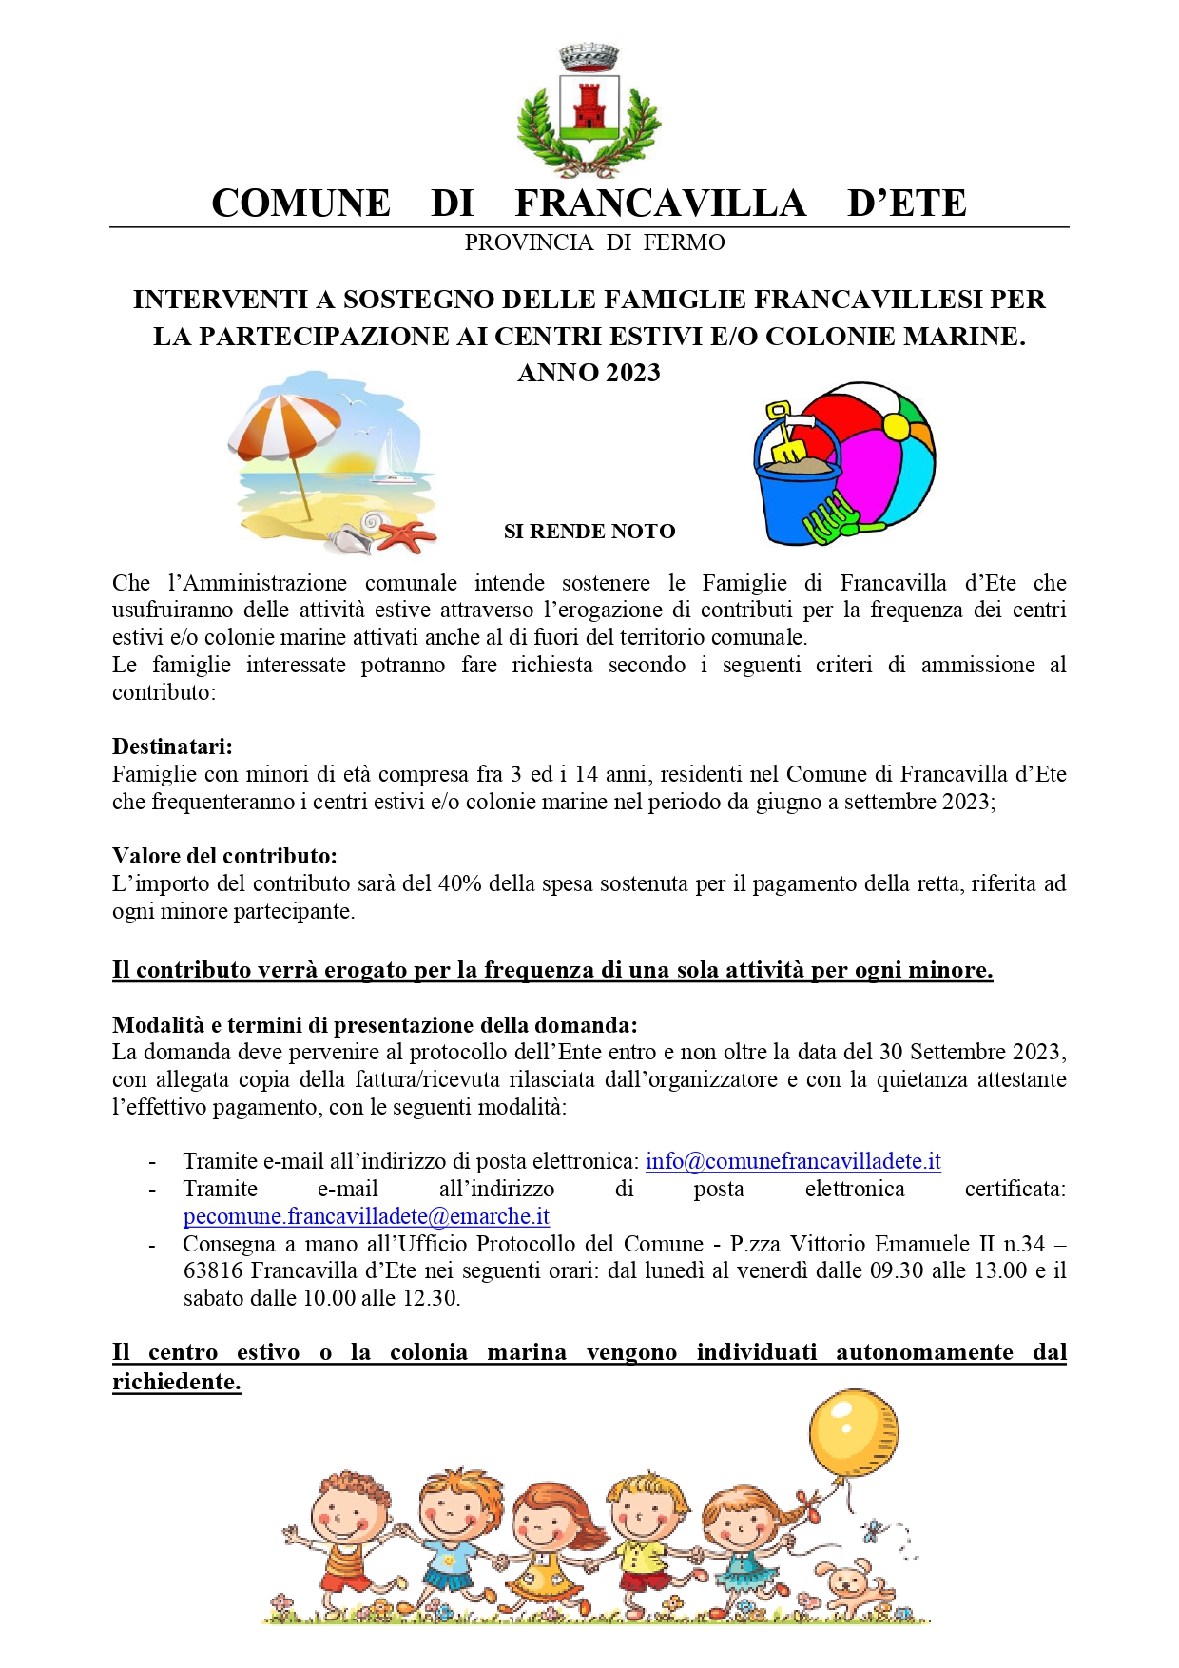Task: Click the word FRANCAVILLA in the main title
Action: [x=660, y=204]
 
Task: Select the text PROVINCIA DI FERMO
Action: [x=594, y=243]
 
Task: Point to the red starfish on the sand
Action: [x=407, y=536]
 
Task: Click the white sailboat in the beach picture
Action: [x=390, y=455]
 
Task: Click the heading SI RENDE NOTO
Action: [x=589, y=532]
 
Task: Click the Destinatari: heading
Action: [x=172, y=747]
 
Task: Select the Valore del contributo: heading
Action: [x=224, y=856]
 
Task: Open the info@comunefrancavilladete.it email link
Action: [x=793, y=1161]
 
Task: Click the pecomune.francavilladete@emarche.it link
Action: [x=366, y=1216]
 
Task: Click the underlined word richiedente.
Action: [x=176, y=1382]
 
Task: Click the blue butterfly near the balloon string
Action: [x=871, y=1530]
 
